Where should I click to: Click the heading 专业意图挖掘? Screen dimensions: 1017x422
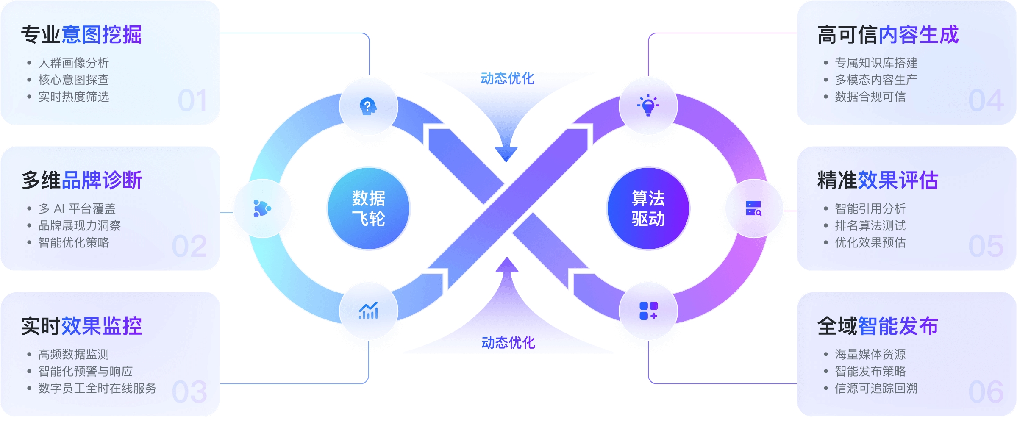pyautogui.click(x=81, y=34)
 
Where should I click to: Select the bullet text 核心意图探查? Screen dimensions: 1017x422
pyautogui.click(x=74, y=80)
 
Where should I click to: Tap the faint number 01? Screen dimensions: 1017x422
pyautogui.click(x=193, y=101)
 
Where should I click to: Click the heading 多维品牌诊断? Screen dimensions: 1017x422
pyautogui.click(x=82, y=180)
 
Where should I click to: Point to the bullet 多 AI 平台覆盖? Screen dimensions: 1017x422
pyautogui.click(x=77, y=208)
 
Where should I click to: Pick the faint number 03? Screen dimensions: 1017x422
pyautogui.click(x=190, y=392)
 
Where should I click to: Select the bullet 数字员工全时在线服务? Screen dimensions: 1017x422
pyautogui.click(x=97, y=388)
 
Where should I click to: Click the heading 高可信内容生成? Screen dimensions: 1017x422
pyautogui.click(x=888, y=34)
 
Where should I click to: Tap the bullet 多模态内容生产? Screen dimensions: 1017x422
pyautogui.click(x=876, y=80)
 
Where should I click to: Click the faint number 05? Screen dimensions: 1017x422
pyautogui.click(x=986, y=246)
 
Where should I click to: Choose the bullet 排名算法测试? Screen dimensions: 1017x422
pyautogui.click(x=870, y=225)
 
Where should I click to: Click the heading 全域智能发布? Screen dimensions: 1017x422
pyautogui.click(x=878, y=326)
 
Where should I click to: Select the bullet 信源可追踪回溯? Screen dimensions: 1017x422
pyautogui.click(x=876, y=388)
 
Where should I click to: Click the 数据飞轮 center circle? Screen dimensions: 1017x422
pyautogui.click(x=369, y=208)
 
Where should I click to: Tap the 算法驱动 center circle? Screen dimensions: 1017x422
pyautogui.click(x=648, y=208)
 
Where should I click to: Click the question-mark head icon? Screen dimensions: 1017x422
pyautogui.click(x=368, y=106)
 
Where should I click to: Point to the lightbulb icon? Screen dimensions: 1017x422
pyautogui.click(x=648, y=105)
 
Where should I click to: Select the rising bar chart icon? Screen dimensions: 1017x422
pyautogui.click(x=368, y=311)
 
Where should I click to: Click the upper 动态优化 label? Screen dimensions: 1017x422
pyautogui.click(x=507, y=78)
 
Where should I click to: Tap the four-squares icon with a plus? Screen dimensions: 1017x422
pyautogui.click(x=648, y=311)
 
